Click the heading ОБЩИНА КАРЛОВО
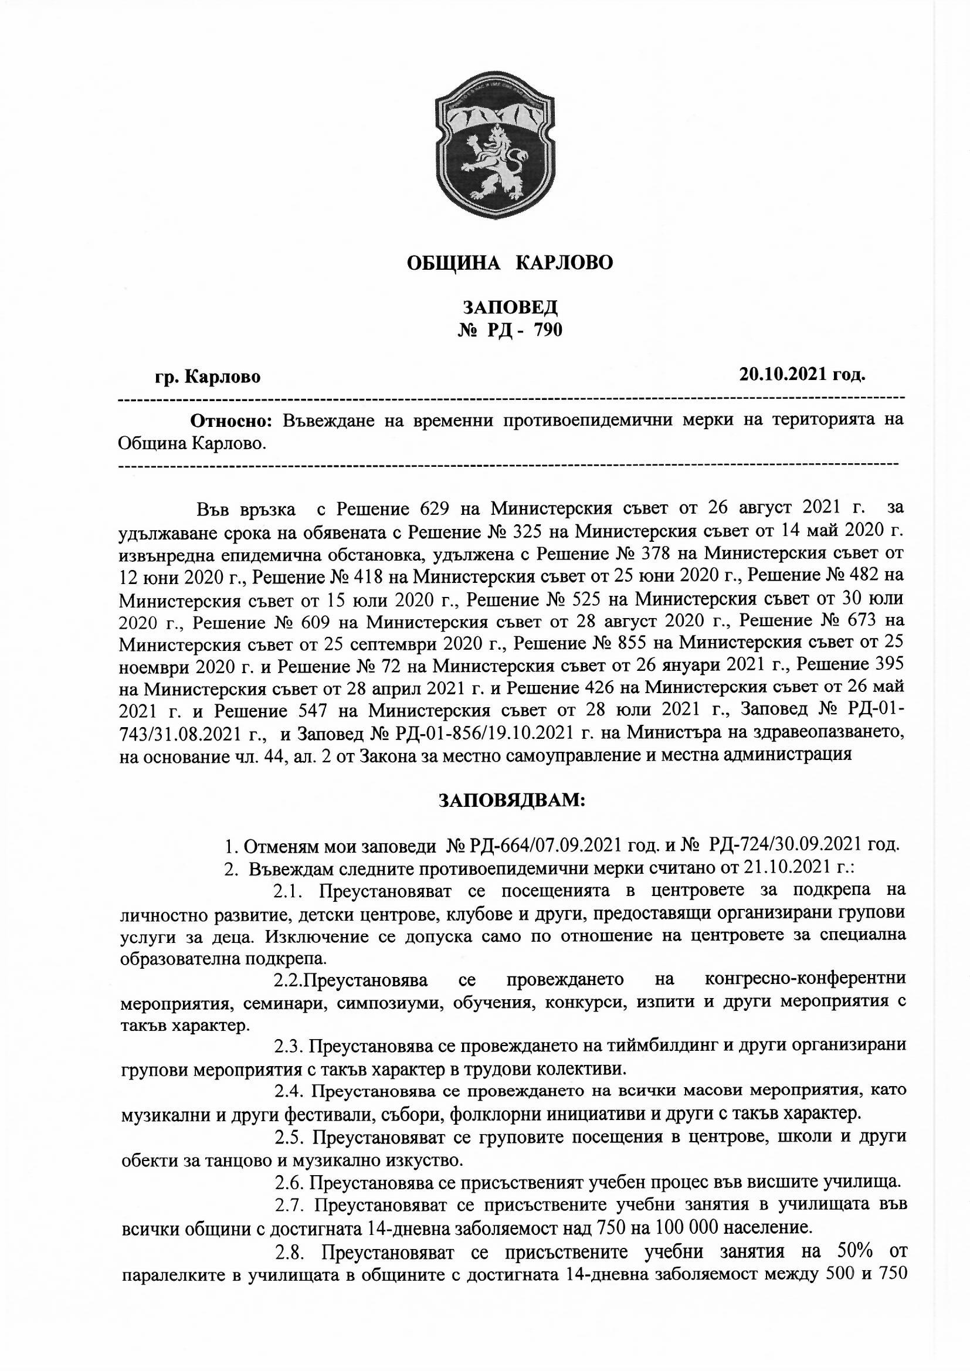pos(510,263)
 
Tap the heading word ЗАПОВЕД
pos(510,307)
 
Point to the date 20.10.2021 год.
pos(802,374)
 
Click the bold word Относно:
pos(231,420)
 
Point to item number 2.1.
pos(289,891)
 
